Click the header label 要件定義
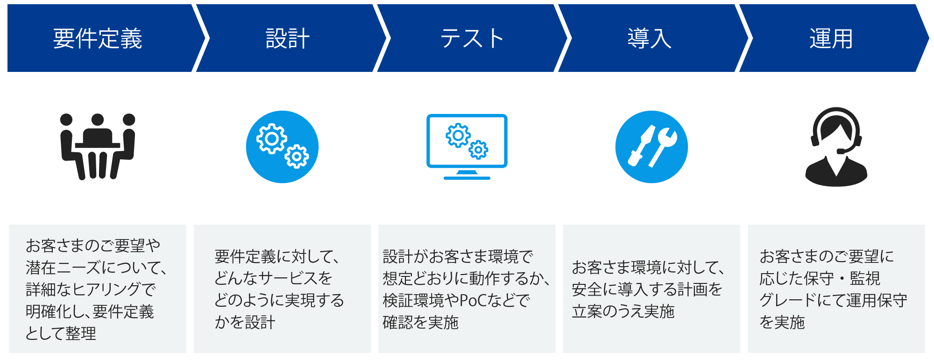[x=97, y=38]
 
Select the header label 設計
[x=287, y=38]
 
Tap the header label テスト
[x=472, y=38]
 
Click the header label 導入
[x=649, y=38]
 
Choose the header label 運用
[x=831, y=38]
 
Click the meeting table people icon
[x=98, y=147]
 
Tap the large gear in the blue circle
[x=271, y=138]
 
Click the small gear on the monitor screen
[x=479, y=149]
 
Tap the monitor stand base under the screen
[x=467, y=177]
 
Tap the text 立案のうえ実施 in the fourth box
[x=623, y=311]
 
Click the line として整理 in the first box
[x=61, y=333]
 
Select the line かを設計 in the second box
[x=245, y=322]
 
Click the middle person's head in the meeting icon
[x=98, y=120]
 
